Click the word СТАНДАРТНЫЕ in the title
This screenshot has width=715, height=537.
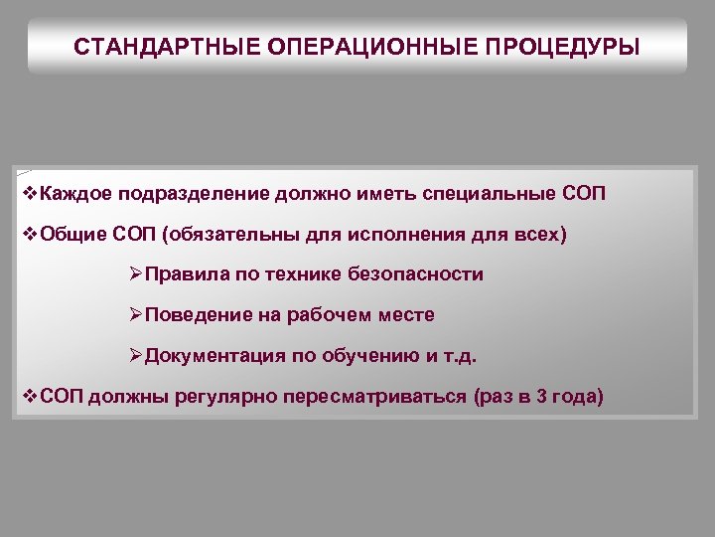tap(151, 46)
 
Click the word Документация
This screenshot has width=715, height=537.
tap(210, 356)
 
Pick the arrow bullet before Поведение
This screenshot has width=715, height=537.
tap(137, 315)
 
